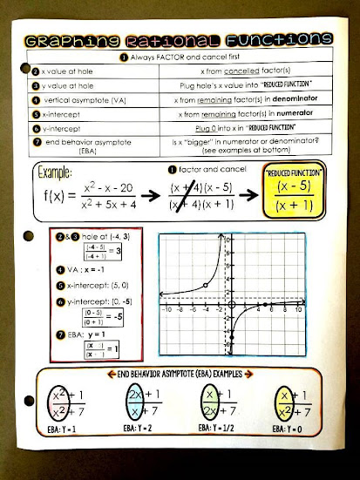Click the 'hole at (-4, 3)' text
(83, 236)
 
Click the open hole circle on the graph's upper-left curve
(204, 285)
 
